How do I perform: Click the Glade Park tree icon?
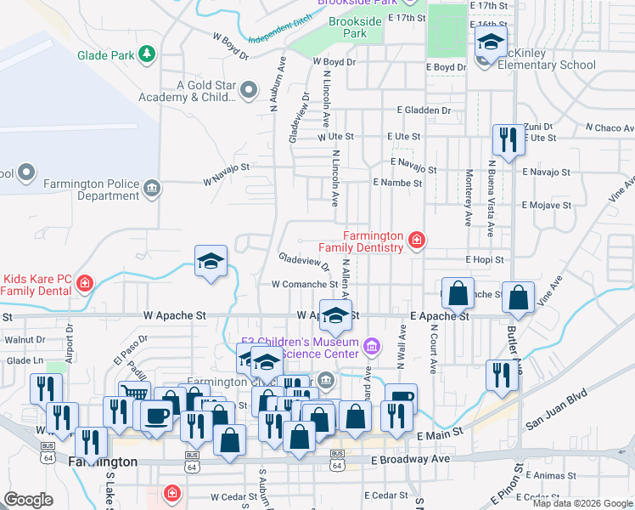click(x=148, y=54)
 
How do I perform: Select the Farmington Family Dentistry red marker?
click(x=416, y=241)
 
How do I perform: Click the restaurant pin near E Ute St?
click(x=509, y=139)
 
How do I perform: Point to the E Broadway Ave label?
click(x=411, y=459)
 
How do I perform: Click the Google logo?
click(x=28, y=500)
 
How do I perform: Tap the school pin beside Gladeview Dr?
click(x=211, y=261)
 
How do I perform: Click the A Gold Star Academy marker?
click(x=249, y=88)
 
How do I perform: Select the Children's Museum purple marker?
click(x=370, y=346)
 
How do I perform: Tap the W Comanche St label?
click(x=300, y=285)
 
